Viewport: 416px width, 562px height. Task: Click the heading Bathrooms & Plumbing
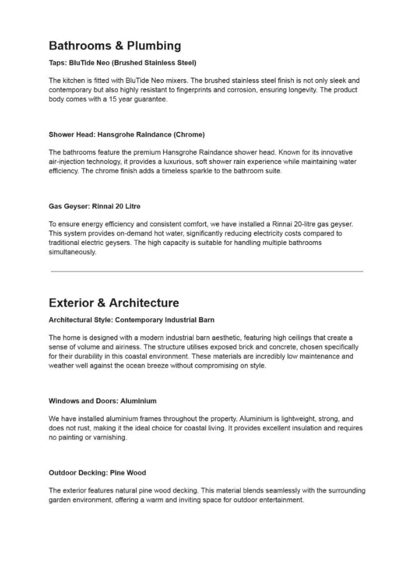(x=115, y=46)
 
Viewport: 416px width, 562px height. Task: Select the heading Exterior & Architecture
(x=113, y=303)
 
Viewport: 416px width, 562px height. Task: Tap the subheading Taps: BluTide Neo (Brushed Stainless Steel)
(x=123, y=62)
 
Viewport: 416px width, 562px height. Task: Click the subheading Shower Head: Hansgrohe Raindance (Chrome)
(x=127, y=135)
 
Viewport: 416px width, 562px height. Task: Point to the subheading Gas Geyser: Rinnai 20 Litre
(x=95, y=206)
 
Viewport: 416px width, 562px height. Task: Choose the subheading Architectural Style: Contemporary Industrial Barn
(x=132, y=319)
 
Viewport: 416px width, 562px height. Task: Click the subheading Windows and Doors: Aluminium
(x=103, y=401)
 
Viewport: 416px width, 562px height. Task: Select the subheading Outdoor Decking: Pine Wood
(x=97, y=473)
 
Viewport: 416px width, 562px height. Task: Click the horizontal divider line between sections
(x=207, y=271)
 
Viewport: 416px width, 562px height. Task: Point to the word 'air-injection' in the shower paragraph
(x=67, y=162)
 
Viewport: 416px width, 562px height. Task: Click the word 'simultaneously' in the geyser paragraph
(x=73, y=252)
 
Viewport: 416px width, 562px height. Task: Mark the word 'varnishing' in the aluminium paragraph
(x=109, y=438)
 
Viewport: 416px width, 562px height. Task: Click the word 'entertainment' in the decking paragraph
(x=280, y=499)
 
